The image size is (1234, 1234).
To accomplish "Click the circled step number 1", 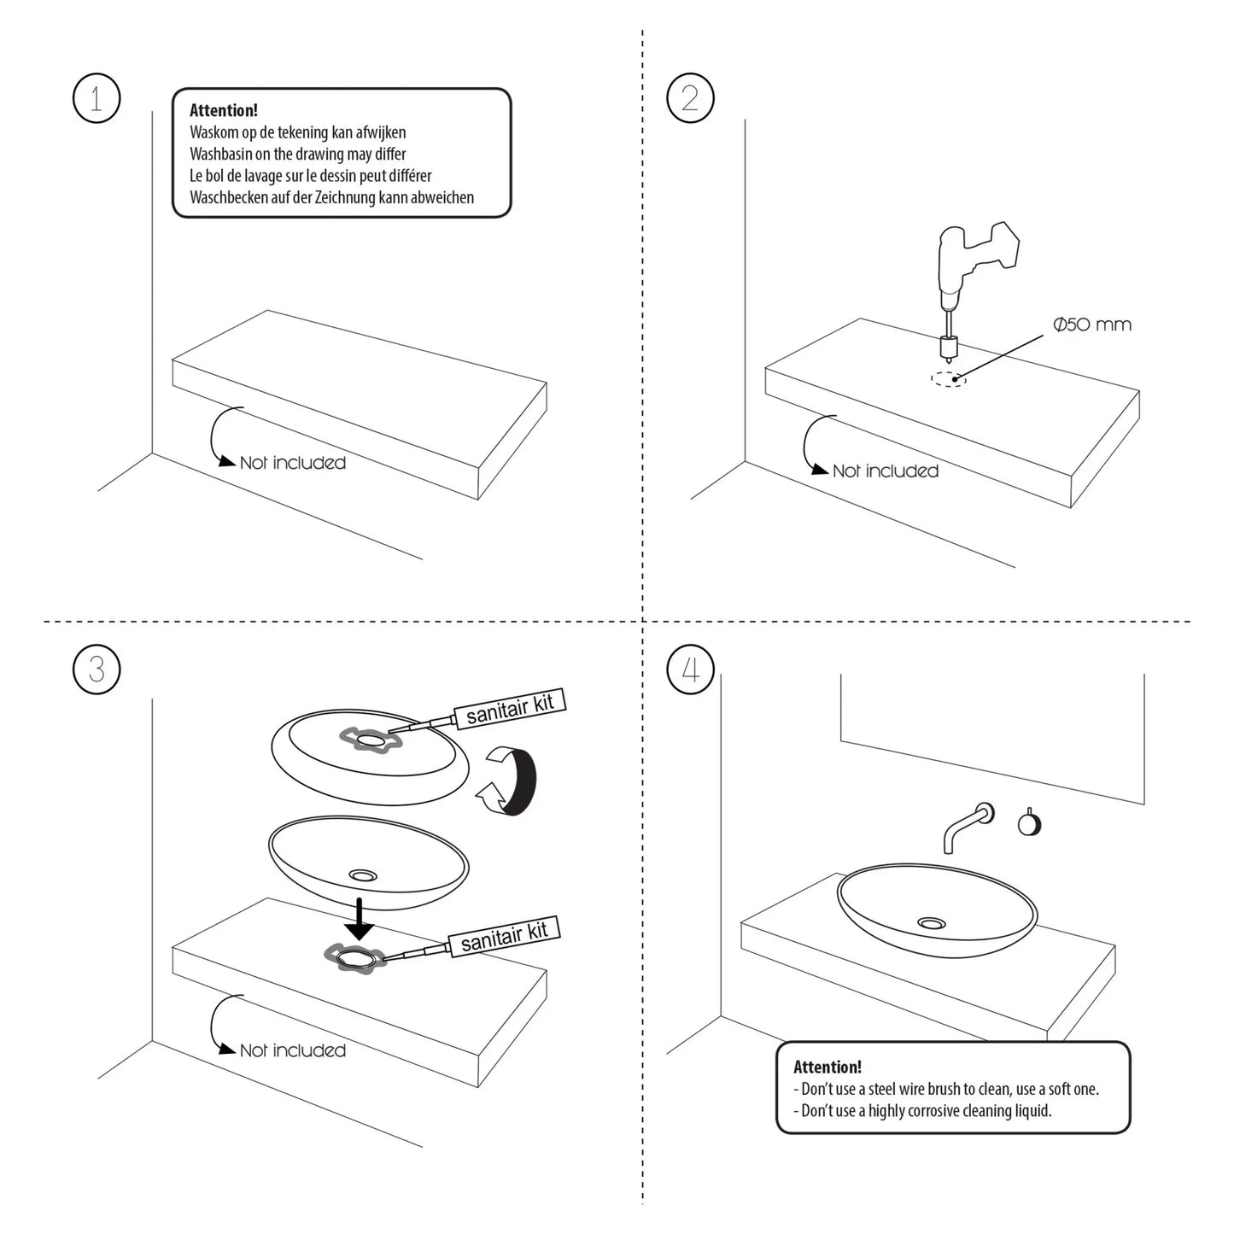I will (96, 99).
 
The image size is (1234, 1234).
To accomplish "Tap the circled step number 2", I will (690, 99).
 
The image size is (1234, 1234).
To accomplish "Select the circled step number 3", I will (96, 669).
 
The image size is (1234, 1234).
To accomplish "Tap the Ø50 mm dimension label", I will (1092, 325).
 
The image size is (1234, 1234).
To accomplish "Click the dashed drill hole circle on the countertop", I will (949, 378).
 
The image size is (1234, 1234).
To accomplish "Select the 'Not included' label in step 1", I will (292, 463).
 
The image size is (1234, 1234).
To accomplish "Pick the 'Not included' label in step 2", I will (885, 471).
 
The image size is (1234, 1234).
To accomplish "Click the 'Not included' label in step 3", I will (292, 1050).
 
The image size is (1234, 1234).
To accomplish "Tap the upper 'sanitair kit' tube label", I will (510, 709).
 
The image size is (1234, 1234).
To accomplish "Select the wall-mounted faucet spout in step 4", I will (965, 825).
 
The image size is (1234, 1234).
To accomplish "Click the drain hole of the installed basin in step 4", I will (932, 923).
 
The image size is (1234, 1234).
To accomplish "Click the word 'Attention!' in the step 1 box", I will (224, 110).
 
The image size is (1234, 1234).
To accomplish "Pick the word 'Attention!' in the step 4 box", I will (828, 1067).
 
